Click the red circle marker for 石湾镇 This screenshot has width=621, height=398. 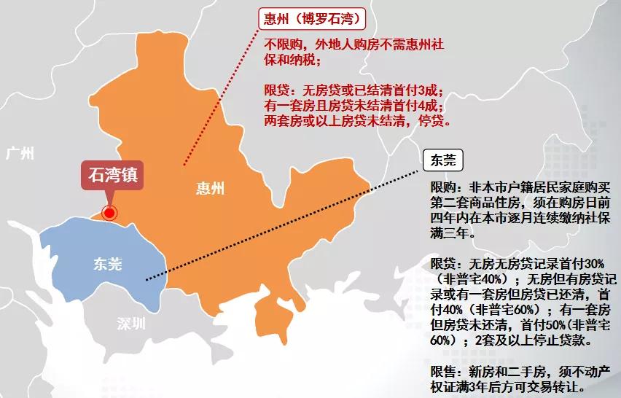(x=109, y=213)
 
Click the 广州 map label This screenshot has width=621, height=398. (x=20, y=153)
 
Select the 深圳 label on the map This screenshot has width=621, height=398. (x=132, y=324)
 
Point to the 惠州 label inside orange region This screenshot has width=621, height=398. (x=210, y=189)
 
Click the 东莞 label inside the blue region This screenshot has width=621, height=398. (x=107, y=264)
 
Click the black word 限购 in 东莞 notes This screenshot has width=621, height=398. (x=443, y=187)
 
